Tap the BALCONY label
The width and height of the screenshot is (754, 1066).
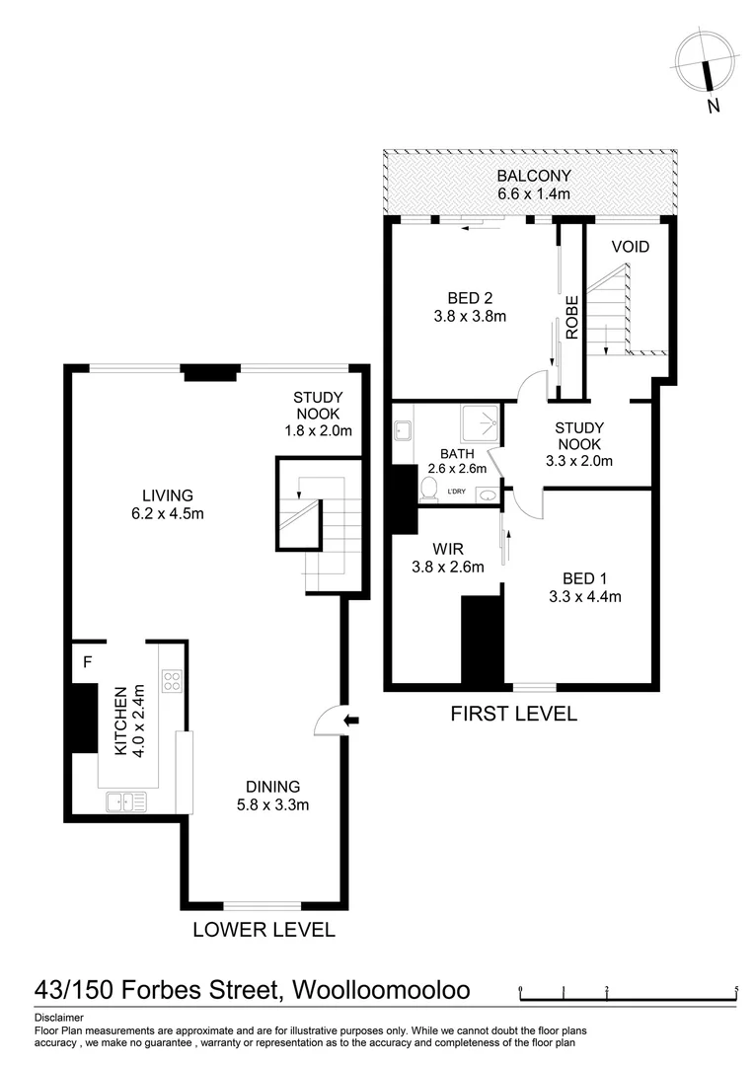[x=534, y=177]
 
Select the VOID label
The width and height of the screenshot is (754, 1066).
[x=630, y=247]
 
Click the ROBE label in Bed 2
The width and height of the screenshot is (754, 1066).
[x=570, y=317]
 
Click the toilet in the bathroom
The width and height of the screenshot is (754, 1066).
[x=429, y=488]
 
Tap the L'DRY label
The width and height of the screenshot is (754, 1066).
[x=456, y=491]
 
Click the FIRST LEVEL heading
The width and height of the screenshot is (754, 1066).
[x=513, y=713]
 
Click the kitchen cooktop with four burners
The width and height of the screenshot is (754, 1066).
[x=172, y=680]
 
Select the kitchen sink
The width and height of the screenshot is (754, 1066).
[x=125, y=801]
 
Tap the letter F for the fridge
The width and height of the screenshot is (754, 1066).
[x=87, y=663]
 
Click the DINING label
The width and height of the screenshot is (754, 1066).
[x=272, y=787]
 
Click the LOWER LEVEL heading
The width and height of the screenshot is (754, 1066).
[x=264, y=929]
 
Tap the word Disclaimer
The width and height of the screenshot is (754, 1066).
[x=59, y=1018]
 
